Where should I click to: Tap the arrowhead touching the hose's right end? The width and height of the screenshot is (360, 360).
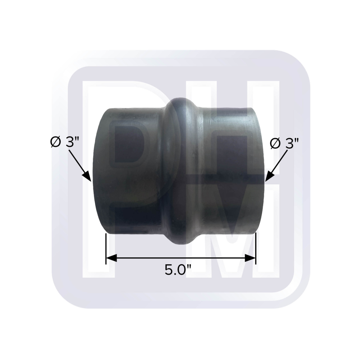click(x=269, y=175)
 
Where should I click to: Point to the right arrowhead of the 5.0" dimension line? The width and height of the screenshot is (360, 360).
click(x=251, y=258)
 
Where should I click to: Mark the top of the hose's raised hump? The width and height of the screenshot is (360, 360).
click(x=187, y=98)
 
